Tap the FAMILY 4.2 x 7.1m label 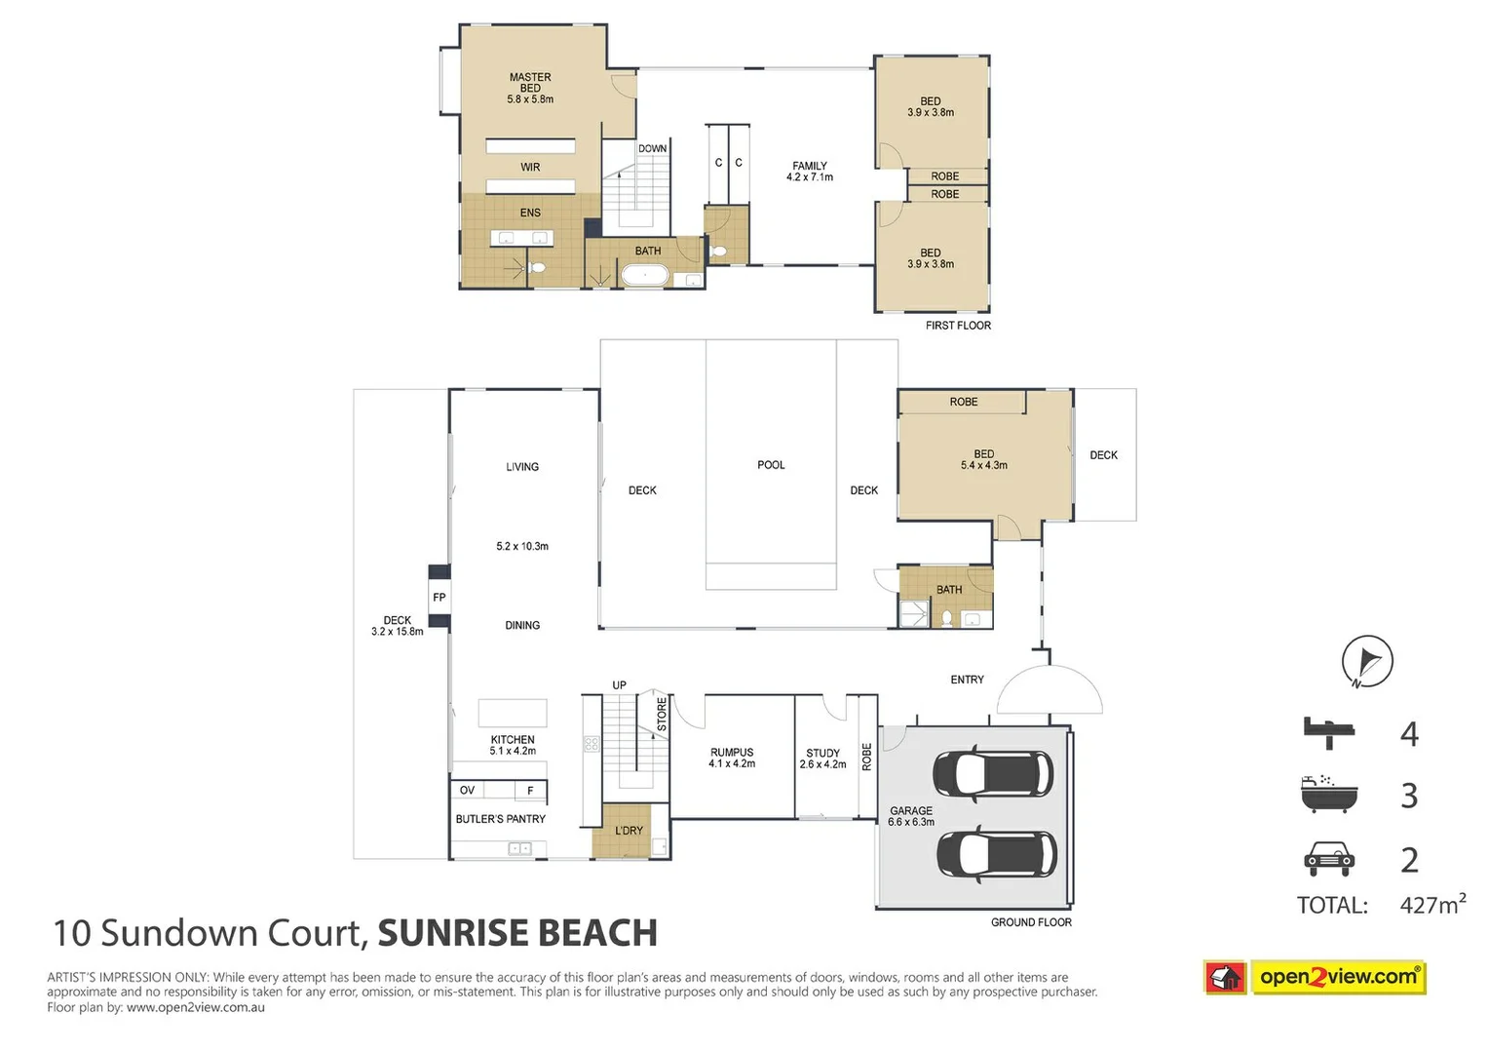810,172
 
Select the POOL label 771,465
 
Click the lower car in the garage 995,855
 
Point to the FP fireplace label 439,598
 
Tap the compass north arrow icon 1367,661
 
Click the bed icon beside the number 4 1328,732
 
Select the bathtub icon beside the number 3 1328,795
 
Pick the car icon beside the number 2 1328,859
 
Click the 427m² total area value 1432,905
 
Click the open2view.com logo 1315,977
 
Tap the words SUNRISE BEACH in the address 516,933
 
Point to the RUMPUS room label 732,758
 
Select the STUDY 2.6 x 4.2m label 822,759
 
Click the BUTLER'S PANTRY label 500,819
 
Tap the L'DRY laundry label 629,831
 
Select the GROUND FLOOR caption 1031,922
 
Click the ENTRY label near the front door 967,680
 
